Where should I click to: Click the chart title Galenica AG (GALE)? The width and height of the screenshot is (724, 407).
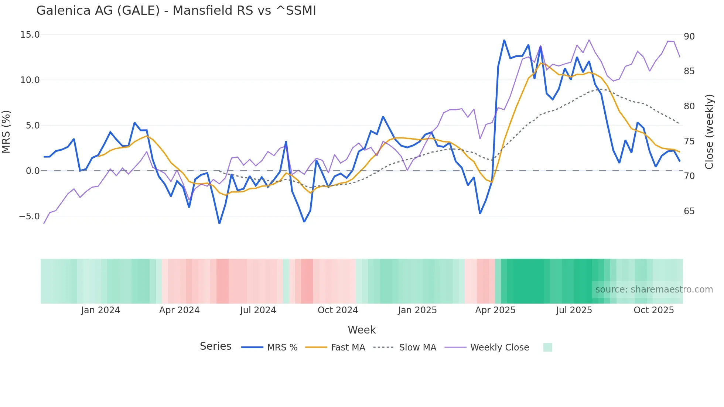click(176, 11)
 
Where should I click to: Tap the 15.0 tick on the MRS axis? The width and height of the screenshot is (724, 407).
click(30, 35)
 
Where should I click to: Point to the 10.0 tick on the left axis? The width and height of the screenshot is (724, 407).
click(30, 80)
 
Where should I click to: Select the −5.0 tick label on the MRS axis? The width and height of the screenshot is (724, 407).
click(29, 216)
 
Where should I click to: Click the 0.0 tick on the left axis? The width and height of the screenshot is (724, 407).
click(33, 171)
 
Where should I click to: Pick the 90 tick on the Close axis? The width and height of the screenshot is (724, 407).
click(689, 37)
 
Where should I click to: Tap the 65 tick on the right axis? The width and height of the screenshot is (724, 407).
click(689, 211)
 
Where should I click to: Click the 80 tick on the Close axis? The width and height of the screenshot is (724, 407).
click(689, 106)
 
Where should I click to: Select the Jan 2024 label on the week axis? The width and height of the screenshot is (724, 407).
click(100, 310)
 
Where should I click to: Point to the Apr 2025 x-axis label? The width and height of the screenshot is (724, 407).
click(495, 310)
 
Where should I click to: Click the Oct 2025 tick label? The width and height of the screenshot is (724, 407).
click(654, 310)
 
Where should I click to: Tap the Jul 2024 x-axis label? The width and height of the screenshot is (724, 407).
click(258, 310)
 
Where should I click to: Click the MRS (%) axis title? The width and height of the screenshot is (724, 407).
click(6, 132)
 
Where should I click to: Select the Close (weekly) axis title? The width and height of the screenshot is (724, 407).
click(709, 132)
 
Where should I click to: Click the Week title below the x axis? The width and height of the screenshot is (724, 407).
click(362, 330)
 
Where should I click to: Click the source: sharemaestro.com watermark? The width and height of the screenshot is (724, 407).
click(654, 290)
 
